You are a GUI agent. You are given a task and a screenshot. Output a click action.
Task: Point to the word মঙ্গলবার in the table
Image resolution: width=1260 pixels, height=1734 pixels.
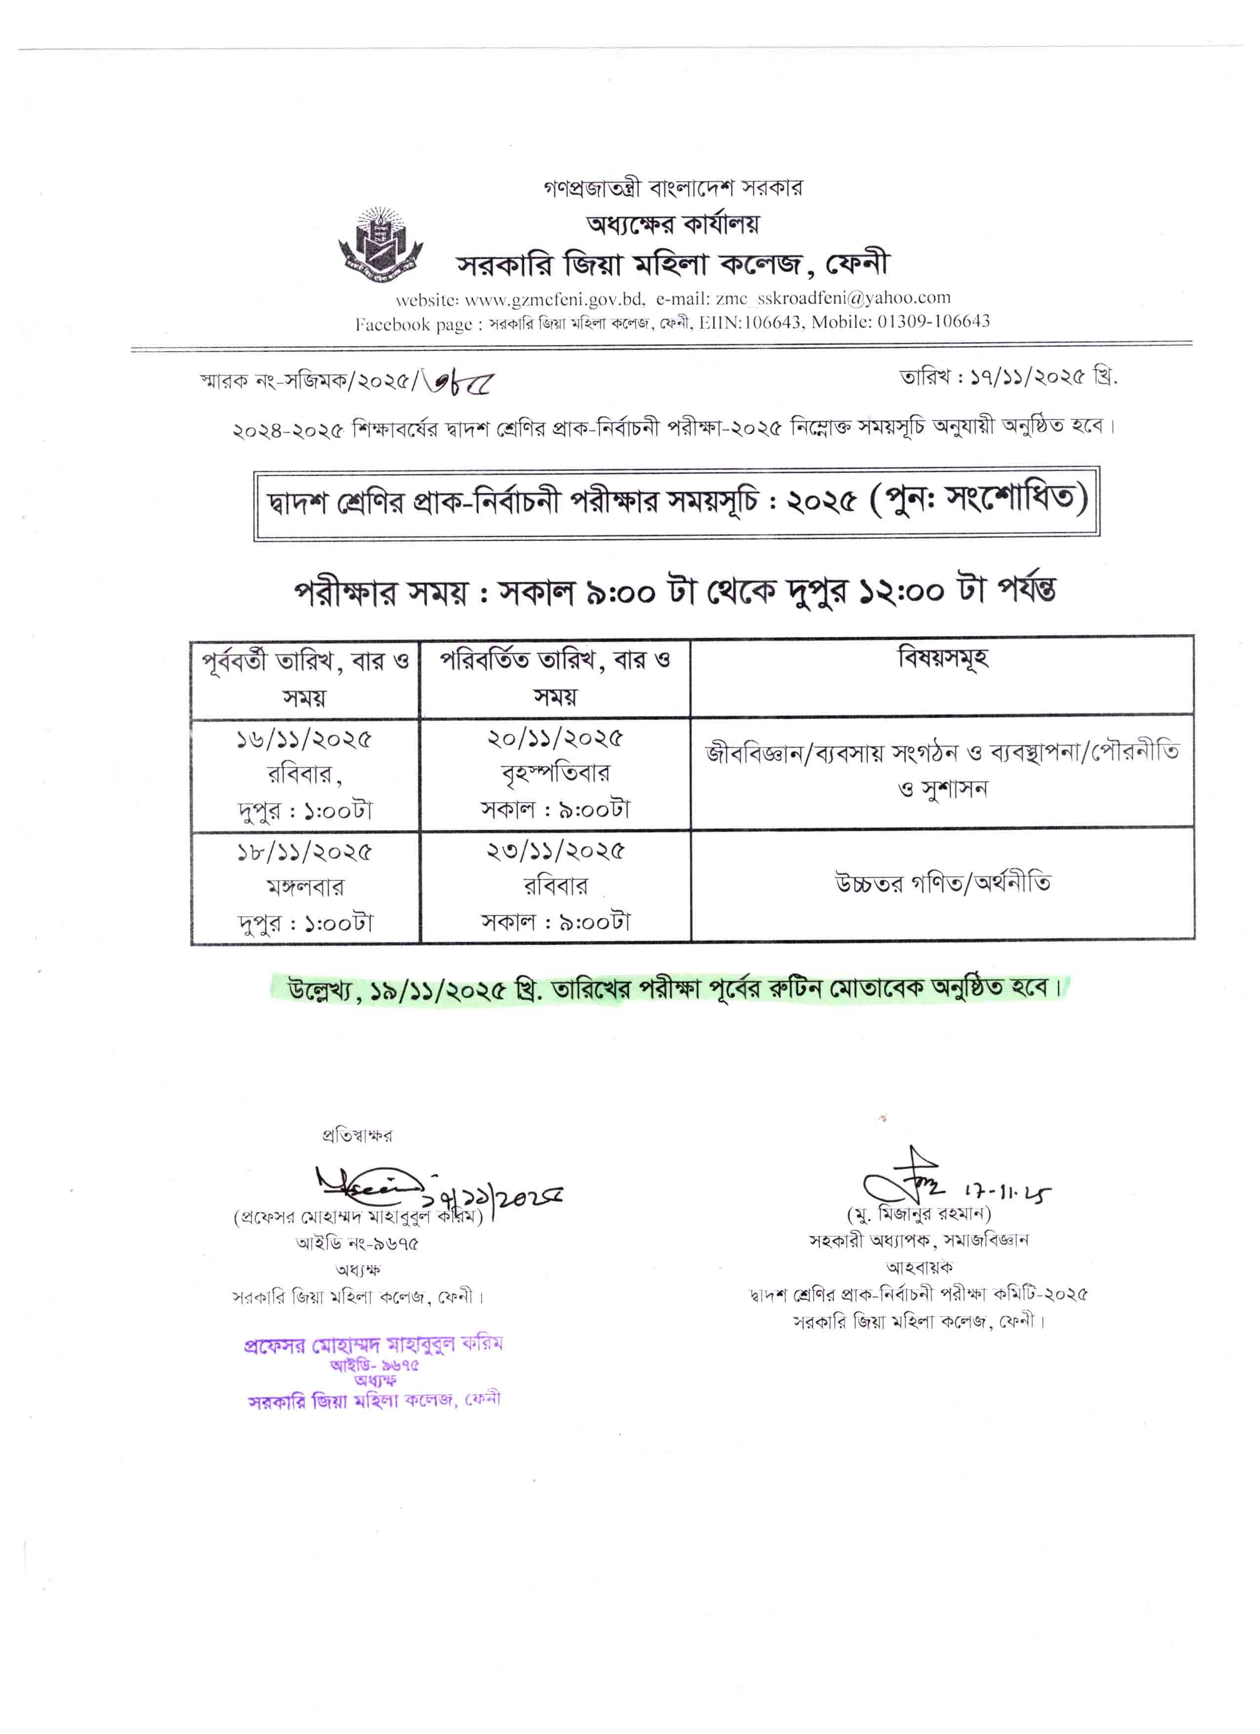[304, 887]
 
